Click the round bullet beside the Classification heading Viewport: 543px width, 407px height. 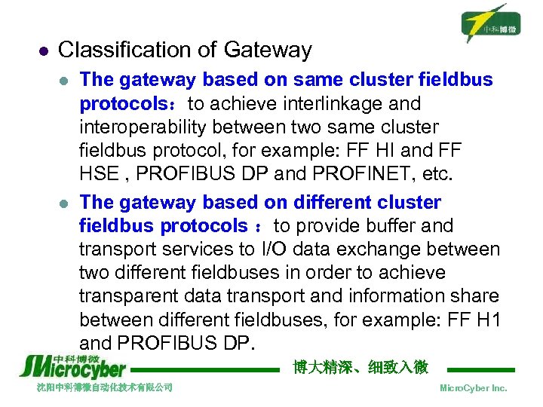pos(43,51)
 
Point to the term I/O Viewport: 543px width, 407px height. pos(280,249)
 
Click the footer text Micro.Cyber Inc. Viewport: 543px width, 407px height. pos(473,387)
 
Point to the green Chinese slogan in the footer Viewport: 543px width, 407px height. pos(360,367)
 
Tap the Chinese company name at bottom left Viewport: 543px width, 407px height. pos(105,387)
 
